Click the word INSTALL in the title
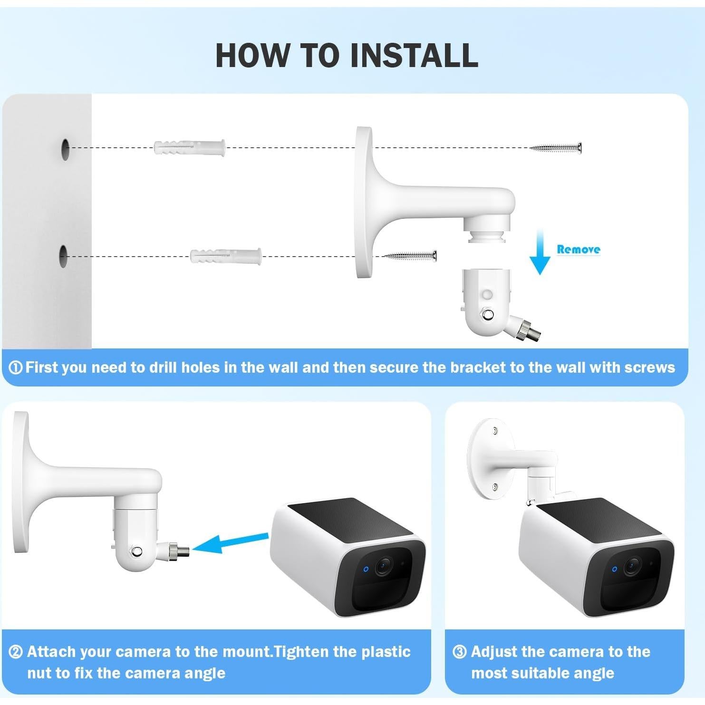click(414, 56)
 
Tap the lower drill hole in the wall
click(64, 256)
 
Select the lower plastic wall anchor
click(225, 256)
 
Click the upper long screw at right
click(556, 148)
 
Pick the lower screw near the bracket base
click(410, 256)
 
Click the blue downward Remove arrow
click(540, 252)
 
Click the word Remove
click(578, 249)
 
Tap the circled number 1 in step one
click(16, 367)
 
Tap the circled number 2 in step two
click(16, 652)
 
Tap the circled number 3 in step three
click(459, 652)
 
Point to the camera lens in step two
click(383, 566)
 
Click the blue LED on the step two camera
click(366, 569)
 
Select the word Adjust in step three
click(494, 652)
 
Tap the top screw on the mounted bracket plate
click(495, 431)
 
